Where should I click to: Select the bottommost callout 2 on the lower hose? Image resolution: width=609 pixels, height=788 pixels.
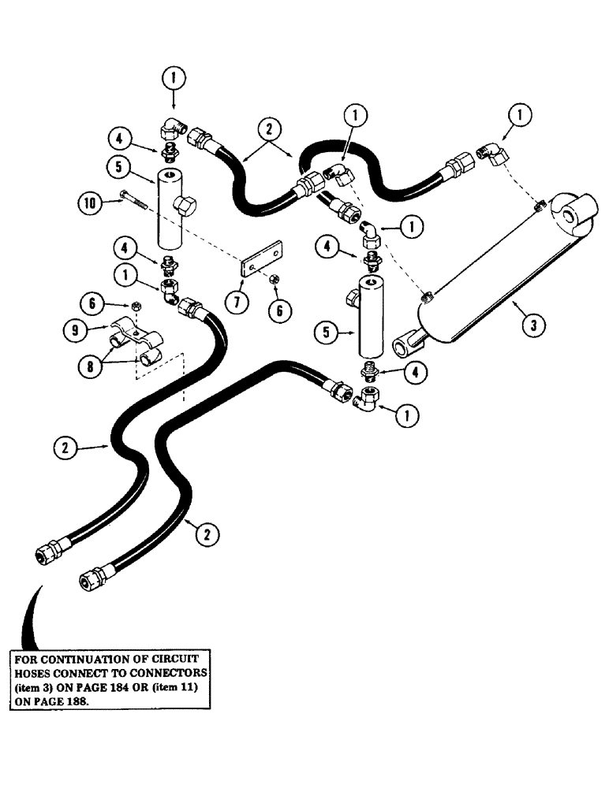[207, 533]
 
